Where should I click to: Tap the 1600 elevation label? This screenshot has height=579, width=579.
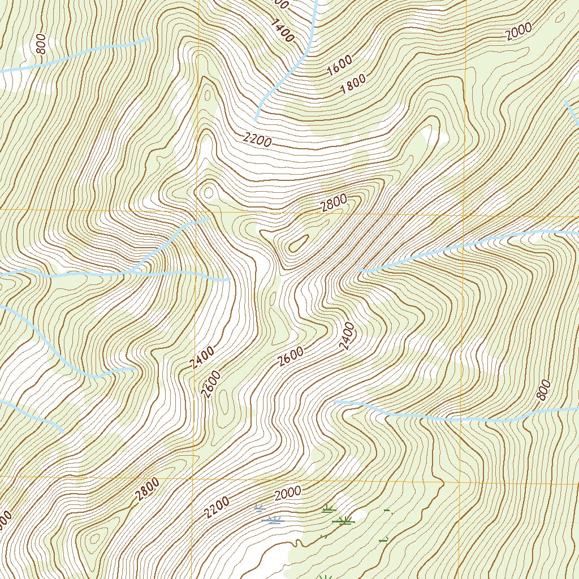tap(339, 66)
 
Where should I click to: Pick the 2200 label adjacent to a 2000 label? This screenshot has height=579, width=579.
tap(217, 508)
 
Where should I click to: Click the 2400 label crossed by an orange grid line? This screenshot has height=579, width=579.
tap(347, 336)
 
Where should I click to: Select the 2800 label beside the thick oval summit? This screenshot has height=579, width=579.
tap(333, 203)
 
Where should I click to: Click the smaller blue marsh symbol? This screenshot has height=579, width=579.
tap(259, 508)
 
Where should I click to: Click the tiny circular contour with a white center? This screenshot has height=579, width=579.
tap(208, 192)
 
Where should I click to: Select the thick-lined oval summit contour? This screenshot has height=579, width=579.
tap(297, 244)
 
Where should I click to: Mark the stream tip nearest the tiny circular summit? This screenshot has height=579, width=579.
tap(209, 218)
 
